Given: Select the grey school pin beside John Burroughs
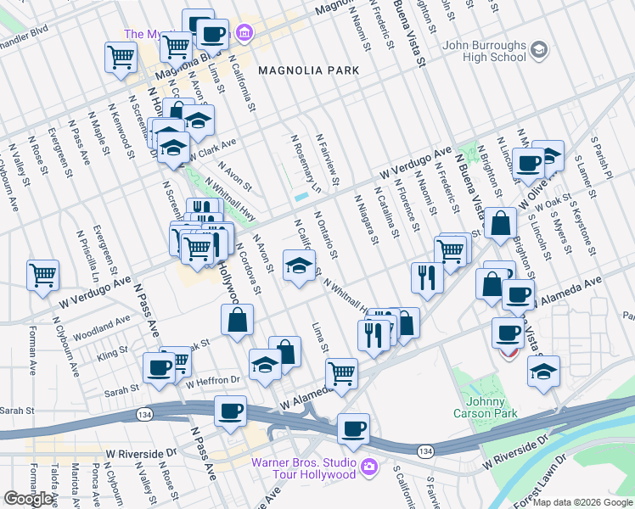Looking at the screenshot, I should [537, 51].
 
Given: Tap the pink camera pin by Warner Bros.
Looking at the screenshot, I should [369, 467].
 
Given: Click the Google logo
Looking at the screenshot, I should [29, 499].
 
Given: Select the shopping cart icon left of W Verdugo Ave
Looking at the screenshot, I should [42, 275].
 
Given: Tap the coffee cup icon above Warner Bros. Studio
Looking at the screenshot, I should [353, 429].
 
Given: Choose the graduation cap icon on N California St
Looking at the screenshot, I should [299, 266].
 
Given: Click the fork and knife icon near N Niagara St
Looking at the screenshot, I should [426, 277].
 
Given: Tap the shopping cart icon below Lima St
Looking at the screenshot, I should [341, 372].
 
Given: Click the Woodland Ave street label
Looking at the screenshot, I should [102, 326].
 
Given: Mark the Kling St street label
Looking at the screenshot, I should [112, 350].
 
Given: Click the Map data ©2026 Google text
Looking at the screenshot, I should [582, 502].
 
